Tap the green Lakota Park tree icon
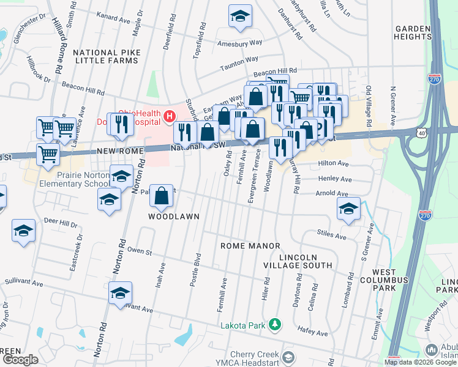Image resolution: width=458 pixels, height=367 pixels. click(276, 324)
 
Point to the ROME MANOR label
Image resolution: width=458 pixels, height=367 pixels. click(250, 245)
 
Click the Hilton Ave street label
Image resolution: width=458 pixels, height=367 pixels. click(335, 165)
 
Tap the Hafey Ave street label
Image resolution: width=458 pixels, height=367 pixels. click(312, 333)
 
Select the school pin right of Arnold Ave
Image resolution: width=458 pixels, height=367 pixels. click(348, 209)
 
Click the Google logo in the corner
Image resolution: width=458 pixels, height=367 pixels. click(20, 360)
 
